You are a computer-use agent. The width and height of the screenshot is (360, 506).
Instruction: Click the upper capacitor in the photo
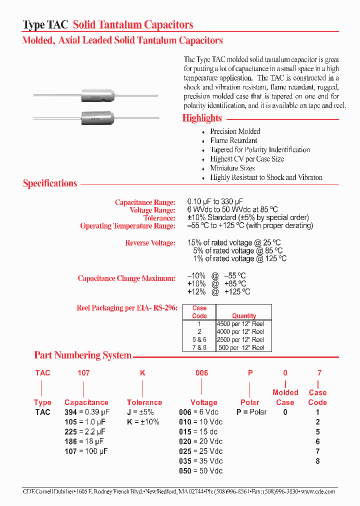[95, 95]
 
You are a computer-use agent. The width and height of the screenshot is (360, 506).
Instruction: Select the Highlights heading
[202, 118]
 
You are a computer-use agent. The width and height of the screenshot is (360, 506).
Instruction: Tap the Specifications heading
[50, 183]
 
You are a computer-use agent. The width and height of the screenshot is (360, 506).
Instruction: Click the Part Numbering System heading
[82, 355]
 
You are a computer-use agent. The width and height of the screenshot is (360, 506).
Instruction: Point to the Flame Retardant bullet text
[233, 140]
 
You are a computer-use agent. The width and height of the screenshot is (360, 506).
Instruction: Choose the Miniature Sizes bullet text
[232, 168]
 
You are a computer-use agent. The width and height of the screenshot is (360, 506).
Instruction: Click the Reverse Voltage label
[150, 243]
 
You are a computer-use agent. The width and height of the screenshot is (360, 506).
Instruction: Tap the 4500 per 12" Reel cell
[240, 323]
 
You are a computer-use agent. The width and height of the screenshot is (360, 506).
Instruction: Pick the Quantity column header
[244, 316]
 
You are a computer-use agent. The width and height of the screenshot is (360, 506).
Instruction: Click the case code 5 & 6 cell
[199, 339]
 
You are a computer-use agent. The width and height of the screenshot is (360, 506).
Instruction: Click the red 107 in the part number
[83, 373]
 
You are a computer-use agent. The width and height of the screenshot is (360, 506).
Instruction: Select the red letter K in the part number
[142, 373]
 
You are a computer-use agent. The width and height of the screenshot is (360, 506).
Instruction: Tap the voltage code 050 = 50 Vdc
[200, 471]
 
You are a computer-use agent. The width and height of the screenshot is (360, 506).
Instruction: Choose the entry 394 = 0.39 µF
[86, 412]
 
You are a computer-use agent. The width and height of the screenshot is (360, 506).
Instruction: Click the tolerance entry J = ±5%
[140, 412]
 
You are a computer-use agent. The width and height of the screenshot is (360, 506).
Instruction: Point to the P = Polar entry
[251, 412]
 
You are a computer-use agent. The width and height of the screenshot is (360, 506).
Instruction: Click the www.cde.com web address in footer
[318, 491]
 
